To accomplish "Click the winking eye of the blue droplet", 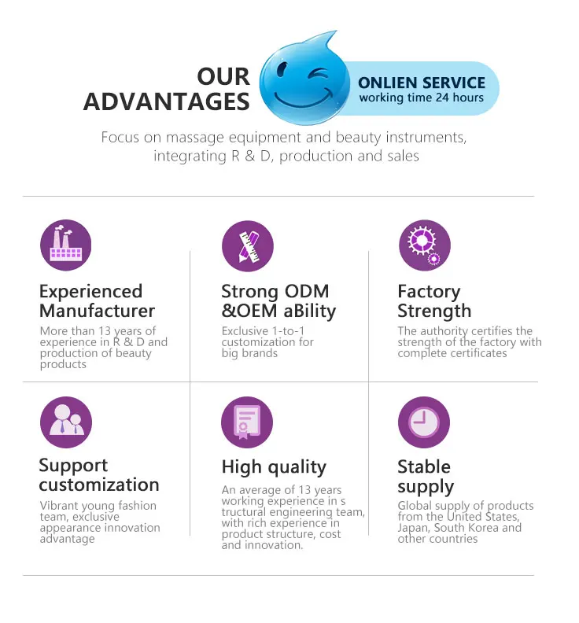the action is [x=318, y=76].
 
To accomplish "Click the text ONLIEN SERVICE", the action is [x=422, y=83].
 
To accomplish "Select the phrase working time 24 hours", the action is [x=422, y=98].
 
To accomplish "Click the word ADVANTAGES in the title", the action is [x=167, y=101].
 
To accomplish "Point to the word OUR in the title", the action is [x=223, y=76].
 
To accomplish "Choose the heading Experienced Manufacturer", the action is [x=97, y=300].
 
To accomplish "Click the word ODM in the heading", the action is [x=304, y=291].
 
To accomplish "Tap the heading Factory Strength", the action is [x=434, y=300].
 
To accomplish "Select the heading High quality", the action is [x=274, y=467].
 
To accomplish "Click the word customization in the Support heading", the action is [x=99, y=485].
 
